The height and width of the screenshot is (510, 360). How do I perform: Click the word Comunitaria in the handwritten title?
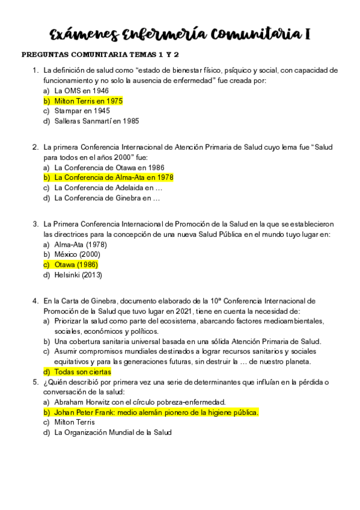[259, 34]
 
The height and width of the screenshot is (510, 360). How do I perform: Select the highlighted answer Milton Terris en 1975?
[88, 101]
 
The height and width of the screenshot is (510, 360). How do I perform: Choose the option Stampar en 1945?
[82, 111]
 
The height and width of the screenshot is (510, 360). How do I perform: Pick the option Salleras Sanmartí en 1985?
[96, 121]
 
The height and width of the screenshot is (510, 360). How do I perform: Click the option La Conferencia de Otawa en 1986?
[109, 167]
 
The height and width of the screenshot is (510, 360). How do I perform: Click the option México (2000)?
[77, 254]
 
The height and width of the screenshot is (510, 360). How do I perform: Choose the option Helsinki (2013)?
[78, 275]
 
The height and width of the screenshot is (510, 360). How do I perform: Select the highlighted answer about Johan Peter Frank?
[156, 412]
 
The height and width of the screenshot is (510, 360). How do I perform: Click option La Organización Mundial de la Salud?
[113, 432]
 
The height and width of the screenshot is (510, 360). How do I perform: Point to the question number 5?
[35, 382]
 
